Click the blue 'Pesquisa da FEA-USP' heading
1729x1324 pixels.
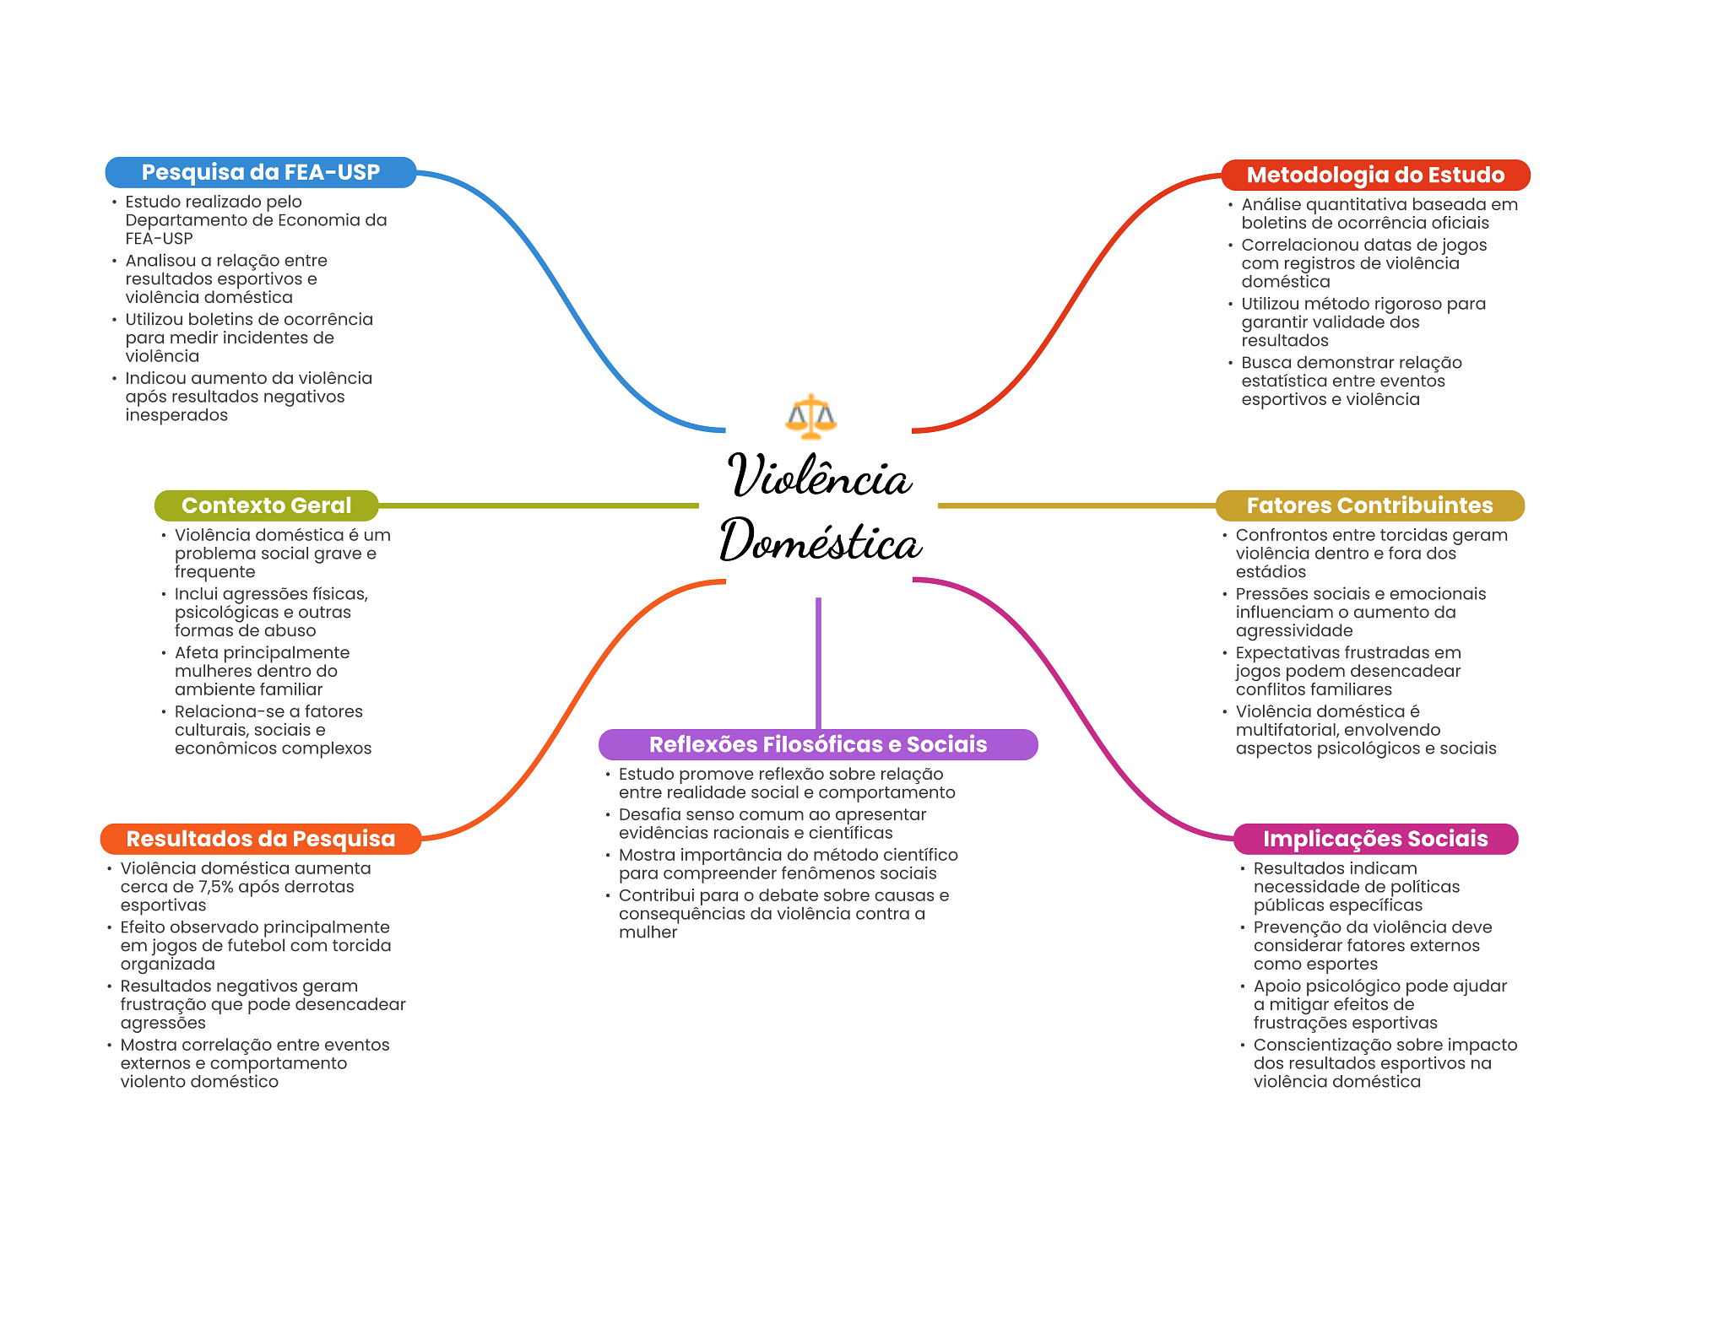pyautogui.click(x=261, y=172)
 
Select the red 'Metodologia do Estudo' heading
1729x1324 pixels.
pyautogui.click(x=1375, y=175)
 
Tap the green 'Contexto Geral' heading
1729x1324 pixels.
pyautogui.click(x=266, y=505)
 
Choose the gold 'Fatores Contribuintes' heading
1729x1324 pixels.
pyautogui.click(x=1369, y=505)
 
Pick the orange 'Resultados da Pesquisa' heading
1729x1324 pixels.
pyautogui.click(x=260, y=839)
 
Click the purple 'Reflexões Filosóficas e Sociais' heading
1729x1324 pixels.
pyautogui.click(x=818, y=744)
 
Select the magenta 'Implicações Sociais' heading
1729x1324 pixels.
pyautogui.click(x=1375, y=839)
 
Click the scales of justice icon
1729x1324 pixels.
pyautogui.click(x=810, y=417)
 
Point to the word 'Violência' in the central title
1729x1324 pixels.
pyautogui.click(x=819, y=475)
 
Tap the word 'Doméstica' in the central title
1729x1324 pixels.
pyautogui.click(x=820, y=541)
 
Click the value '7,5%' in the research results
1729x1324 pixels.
pyautogui.click(x=215, y=887)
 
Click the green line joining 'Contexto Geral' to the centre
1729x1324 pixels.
pyautogui.click(x=539, y=505)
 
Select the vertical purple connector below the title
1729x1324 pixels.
pyautogui.click(x=818, y=663)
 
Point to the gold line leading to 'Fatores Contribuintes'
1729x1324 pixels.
pyautogui.click(x=1076, y=505)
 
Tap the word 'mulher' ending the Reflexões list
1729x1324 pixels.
pyautogui.click(x=648, y=932)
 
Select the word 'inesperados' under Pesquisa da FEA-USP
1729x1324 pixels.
pyautogui.click(x=176, y=415)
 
